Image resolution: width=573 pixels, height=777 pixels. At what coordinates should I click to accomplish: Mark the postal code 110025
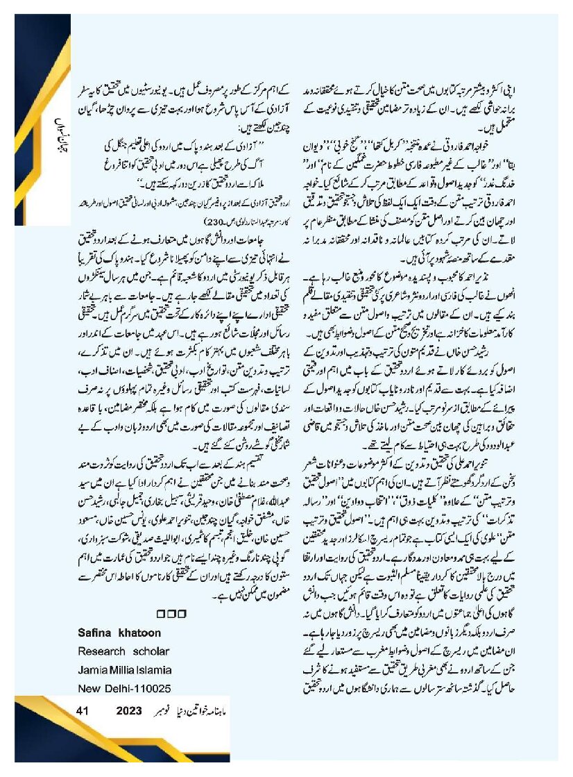(151, 689)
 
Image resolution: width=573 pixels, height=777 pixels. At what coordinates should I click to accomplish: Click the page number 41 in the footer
(83, 711)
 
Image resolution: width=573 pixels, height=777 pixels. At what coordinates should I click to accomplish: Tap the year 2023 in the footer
(129, 711)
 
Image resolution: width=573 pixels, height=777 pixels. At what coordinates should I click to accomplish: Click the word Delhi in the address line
(114, 689)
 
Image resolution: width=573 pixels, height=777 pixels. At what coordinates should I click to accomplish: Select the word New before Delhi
(87, 689)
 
